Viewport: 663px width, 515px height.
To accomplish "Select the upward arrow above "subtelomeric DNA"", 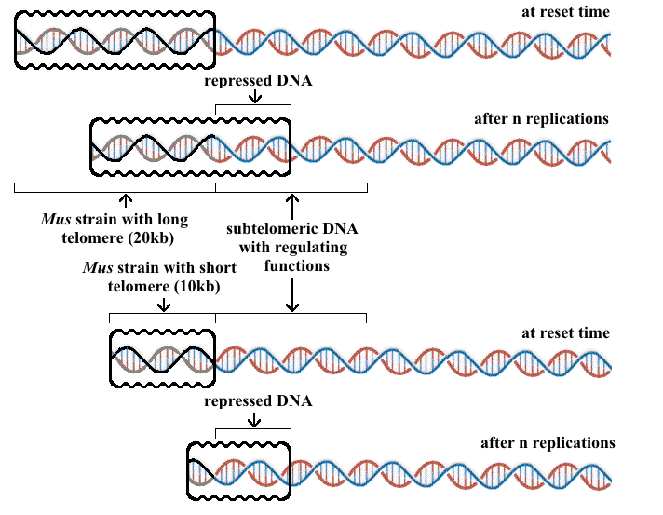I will click(292, 203).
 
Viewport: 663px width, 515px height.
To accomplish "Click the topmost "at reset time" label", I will click(566, 12).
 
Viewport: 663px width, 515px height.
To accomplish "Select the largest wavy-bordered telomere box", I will click(115, 41).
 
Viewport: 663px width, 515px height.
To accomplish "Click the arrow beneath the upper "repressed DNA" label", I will click(253, 99).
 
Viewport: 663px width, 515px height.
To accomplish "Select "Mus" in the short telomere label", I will click(98, 267).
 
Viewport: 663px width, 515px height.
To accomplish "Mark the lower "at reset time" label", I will click(566, 333).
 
